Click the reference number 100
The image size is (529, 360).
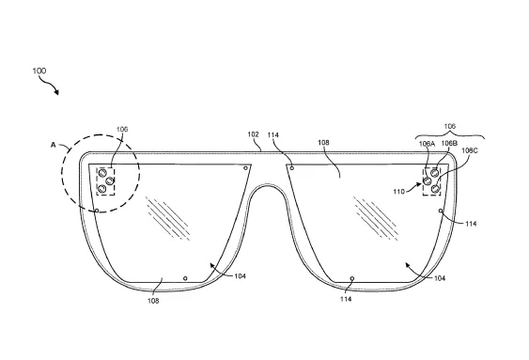click(39, 70)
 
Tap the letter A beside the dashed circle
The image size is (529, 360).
click(53, 145)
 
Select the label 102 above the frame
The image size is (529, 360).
click(253, 134)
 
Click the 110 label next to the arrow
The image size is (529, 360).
click(398, 192)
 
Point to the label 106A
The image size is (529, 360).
click(427, 144)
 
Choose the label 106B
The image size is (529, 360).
click(449, 143)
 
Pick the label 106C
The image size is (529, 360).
click(470, 150)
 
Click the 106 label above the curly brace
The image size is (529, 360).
click(450, 126)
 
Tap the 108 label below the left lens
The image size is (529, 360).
click(153, 301)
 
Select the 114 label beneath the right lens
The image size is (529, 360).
click(346, 299)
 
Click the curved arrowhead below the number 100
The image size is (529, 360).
click(56, 92)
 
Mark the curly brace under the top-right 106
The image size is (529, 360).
click(450, 134)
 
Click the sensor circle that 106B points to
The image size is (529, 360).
click(435, 173)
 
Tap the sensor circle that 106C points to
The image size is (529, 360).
click(436, 188)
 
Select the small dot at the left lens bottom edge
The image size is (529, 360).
click(185, 278)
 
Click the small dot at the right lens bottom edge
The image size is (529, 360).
click(352, 278)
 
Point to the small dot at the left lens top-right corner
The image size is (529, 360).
click(245, 168)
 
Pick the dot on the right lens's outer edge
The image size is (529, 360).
click(441, 211)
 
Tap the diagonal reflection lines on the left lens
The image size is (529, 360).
click(167, 218)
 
